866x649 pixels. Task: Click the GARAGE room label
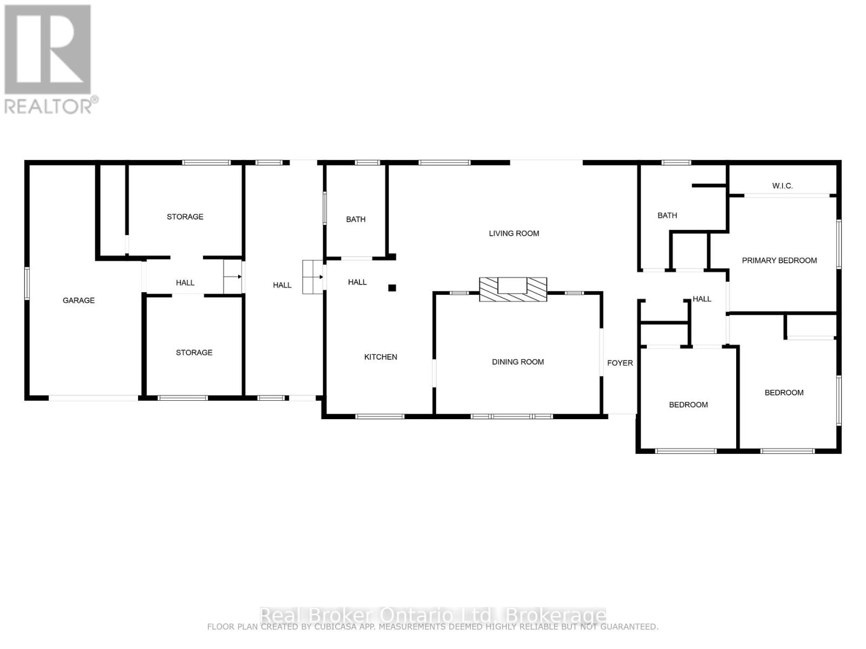coord(78,300)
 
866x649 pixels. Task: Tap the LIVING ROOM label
coord(514,234)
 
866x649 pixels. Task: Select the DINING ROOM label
coord(517,362)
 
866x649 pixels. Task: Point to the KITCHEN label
coord(380,357)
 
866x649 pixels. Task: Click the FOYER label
coord(620,363)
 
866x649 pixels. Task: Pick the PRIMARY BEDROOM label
coord(779,261)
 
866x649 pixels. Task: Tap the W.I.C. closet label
coord(782,186)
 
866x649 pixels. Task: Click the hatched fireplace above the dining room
coord(513,289)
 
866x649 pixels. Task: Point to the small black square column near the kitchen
coord(392,288)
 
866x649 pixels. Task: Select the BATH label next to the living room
coord(356,219)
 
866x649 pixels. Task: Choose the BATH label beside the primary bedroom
coord(667,215)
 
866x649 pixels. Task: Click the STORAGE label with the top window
coord(185,217)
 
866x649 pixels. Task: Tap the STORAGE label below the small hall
coord(194,353)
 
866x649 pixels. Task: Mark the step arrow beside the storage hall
coord(233,276)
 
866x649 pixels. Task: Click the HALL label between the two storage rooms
coord(185,283)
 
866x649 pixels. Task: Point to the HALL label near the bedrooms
coord(701,299)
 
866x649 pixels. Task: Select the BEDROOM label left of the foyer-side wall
coord(688,405)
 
